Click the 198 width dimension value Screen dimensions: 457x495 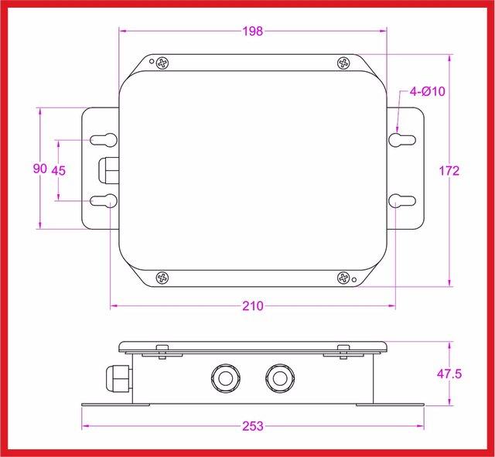click(x=253, y=31)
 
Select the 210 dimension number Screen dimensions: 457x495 click(x=253, y=306)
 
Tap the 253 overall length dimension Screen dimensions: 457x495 click(x=253, y=426)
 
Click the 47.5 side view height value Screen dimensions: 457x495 click(x=449, y=373)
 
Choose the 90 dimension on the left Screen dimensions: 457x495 click(x=40, y=169)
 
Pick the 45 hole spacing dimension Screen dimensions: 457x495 click(x=59, y=170)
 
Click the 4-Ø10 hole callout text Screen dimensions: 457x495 click(x=428, y=91)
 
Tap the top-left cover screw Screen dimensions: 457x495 click(x=162, y=63)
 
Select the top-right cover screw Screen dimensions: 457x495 click(x=344, y=63)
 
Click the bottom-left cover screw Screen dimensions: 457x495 click(x=162, y=277)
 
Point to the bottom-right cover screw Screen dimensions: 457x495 click(x=344, y=277)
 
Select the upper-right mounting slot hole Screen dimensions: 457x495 click(x=402, y=139)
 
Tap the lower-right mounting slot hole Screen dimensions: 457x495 click(x=402, y=201)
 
